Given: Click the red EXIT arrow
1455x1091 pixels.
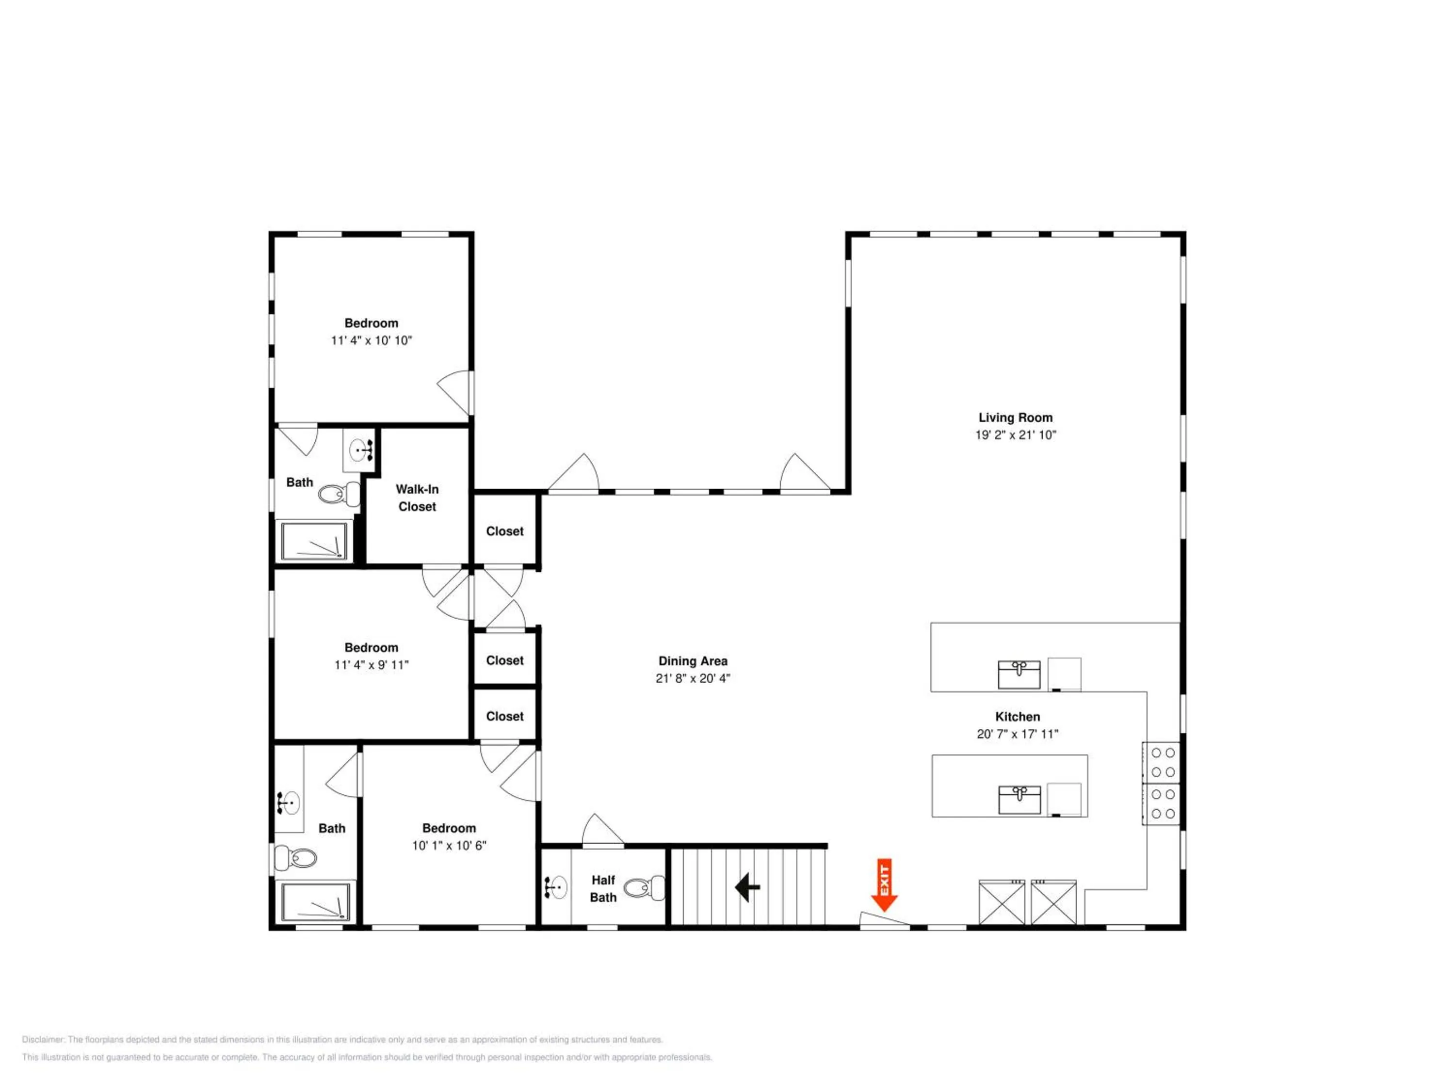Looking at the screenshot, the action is click(x=885, y=884).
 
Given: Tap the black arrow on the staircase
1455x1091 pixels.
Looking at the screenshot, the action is click(x=747, y=887).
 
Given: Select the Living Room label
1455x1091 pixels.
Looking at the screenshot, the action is click(x=1016, y=417).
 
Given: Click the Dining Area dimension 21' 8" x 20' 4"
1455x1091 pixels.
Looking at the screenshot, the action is click(x=693, y=678).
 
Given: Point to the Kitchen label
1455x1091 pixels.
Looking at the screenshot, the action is click(x=1018, y=717).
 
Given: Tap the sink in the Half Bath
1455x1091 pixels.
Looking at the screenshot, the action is click(x=556, y=887).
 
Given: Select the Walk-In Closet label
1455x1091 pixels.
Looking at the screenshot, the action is click(x=417, y=498).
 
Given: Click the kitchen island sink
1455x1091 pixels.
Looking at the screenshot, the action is click(x=1019, y=800).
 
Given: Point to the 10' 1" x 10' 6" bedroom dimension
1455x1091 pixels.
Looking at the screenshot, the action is click(x=449, y=846).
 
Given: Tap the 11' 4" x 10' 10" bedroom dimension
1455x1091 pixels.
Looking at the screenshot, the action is click(x=371, y=341).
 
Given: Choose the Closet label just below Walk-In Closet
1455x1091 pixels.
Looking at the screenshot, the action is click(x=504, y=531).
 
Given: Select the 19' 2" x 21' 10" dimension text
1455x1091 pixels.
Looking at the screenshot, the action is click(x=1016, y=434).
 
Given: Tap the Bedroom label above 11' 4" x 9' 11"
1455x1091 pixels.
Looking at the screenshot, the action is click(x=371, y=648).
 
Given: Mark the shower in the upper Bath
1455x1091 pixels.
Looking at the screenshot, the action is click(x=314, y=541).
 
